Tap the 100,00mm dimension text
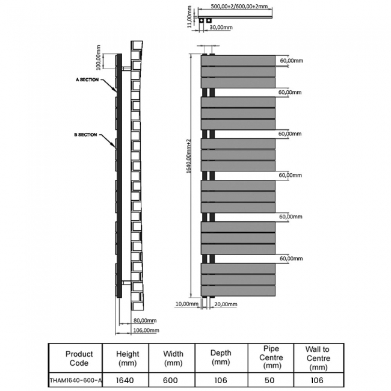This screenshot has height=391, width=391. point(99,58)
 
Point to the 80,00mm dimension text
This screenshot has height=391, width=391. point(145,321)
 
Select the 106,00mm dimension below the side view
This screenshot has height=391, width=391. point(146,330)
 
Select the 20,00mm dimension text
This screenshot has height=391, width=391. point(226,304)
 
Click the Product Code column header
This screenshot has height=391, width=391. point(79,359)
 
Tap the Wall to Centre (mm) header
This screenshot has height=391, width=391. point(317,358)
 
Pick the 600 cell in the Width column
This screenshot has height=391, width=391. point(173,380)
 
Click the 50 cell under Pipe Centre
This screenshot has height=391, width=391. point(272,380)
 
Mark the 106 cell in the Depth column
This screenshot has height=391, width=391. point(221,380)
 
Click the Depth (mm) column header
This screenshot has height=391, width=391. point(221,359)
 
